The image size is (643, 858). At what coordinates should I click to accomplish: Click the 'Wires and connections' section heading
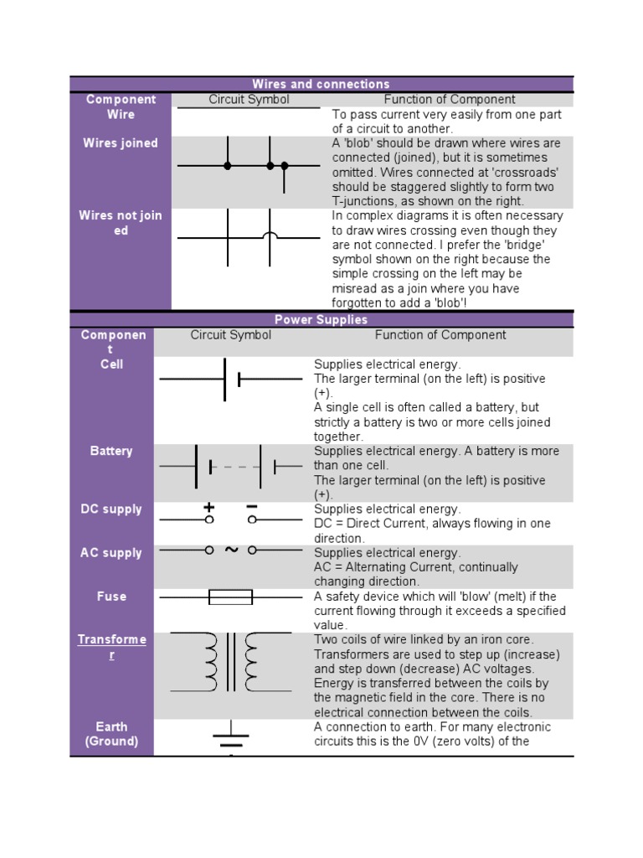[321, 84]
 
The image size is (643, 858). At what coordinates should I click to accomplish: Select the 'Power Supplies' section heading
[321, 319]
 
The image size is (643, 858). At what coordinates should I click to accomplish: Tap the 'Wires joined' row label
[120, 143]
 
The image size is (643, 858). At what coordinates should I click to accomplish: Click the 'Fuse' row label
[111, 597]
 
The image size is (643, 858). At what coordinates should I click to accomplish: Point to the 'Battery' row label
[111, 451]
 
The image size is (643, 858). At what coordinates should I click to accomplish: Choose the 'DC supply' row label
[111, 509]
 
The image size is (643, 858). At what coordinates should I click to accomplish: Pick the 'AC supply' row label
[111, 553]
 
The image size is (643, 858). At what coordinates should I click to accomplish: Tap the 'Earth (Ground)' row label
[111, 734]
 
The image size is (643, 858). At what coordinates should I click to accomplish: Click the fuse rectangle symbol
[230, 597]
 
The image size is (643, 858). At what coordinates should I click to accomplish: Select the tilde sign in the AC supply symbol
[231, 550]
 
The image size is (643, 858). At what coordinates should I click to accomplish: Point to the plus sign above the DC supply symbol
[209, 508]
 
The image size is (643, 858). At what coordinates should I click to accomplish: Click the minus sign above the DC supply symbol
[252, 507]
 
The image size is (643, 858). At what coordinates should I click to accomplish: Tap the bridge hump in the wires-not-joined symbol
[270, 236]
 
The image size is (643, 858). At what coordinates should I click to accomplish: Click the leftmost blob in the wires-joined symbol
[228, 166]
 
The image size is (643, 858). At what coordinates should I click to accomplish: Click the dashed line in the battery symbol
[235, 466]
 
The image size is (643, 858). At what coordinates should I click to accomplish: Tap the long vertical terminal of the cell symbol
[224, 380]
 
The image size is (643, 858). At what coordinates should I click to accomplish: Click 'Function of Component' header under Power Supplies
[440, 335]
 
